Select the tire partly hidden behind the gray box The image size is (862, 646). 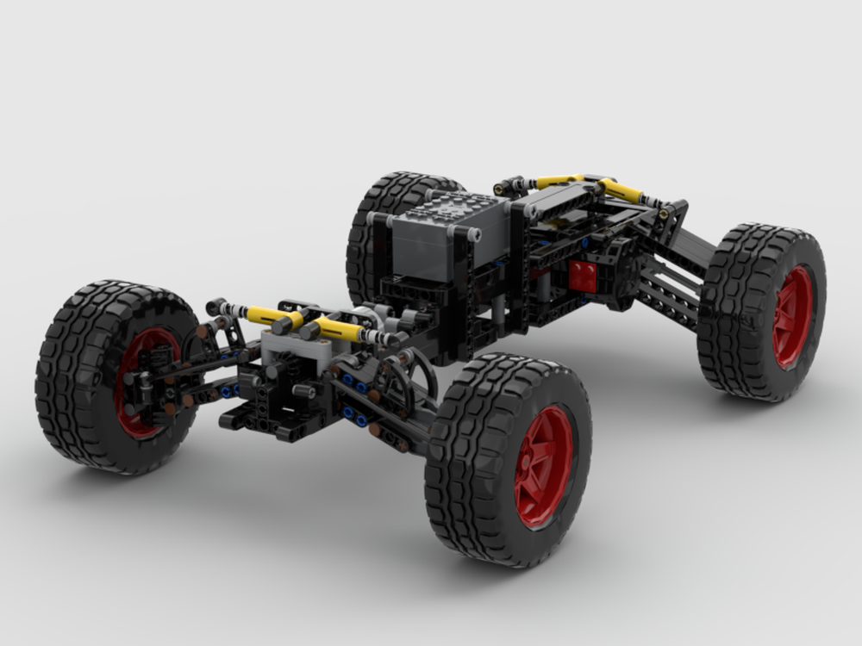[x=379, y=215]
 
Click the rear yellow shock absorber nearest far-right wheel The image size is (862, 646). [x=619, y=190]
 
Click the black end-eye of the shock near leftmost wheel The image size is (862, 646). [x=215, y=307]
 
